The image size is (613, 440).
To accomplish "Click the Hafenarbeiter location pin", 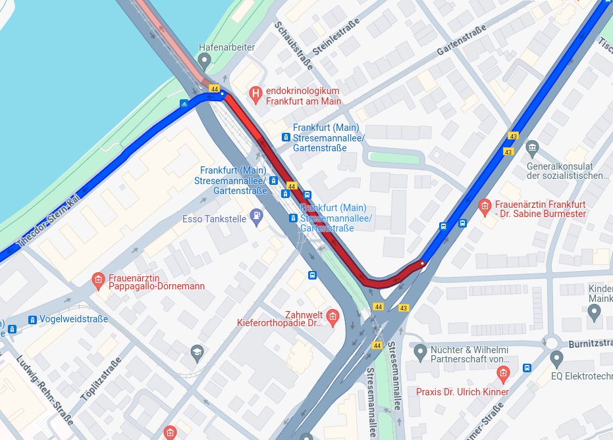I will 204,61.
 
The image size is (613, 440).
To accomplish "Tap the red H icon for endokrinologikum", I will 256,95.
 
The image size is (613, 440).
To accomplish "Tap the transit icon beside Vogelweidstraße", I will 32,320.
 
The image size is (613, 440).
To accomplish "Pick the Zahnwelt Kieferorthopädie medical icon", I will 333,318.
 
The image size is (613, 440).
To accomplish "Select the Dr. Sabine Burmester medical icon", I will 485,208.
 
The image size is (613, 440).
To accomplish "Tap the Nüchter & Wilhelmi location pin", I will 421,353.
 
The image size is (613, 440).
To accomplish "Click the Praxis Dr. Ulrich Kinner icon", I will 504,376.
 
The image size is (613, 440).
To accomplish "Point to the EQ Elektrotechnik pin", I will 557,359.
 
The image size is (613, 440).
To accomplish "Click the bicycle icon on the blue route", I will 185,104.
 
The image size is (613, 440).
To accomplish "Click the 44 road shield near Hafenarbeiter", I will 214,88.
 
